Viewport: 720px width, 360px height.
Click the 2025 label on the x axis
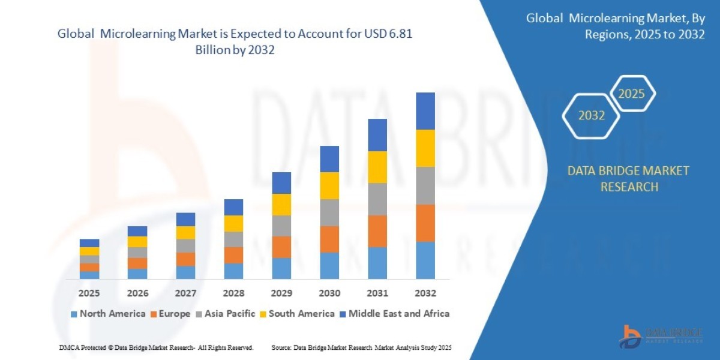pyautogui.click(x=89, y=293)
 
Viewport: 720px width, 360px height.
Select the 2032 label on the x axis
pyautogui.click(x=425, y=293)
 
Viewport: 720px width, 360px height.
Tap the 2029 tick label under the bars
pyautogui.click(x=281, y=293)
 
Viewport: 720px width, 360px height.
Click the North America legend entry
pyautogui.click(x=108, y=313)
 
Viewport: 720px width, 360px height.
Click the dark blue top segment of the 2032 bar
pyautogui.click(x=425, y=111)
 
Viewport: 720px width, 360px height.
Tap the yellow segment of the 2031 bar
pyautogui.click(x=377, y=167)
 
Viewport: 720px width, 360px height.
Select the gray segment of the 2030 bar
pyautogui.click(x=329, y=212)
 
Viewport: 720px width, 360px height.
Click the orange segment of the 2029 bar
pyautogui.click(x=281, y=247)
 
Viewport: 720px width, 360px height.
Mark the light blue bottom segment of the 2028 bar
pyautogui.click(x=233, y=271)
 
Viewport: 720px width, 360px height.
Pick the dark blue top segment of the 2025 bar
pyautogui.click(x=89, y=243)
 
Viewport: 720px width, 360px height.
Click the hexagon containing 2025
pyautogui.click(x=631, y=94)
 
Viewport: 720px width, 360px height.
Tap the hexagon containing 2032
pyautogui.click(x=592, y=115)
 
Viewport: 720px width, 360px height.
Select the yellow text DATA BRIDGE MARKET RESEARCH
pyautogui.click(x=628, y=179)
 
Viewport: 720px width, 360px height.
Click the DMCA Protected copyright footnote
pyautogui.click(x=156, y=347)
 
